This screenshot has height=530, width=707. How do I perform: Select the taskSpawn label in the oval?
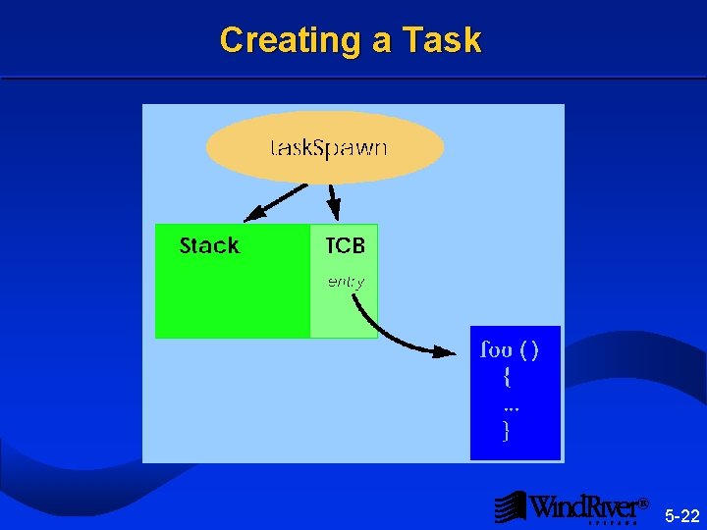(x=328, y=148)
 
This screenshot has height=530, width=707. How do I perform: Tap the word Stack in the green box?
(x=209, y=246)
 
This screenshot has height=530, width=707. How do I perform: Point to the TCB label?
(x=345, y=246)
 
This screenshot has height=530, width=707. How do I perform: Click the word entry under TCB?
(x=346, y=282)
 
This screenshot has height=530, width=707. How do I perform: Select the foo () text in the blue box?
(x=509, y=348)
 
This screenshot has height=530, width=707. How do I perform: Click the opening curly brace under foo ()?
(x=506, y=376)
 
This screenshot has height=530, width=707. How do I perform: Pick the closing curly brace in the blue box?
(x=506, y=430)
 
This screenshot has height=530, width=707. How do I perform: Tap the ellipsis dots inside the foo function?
(x=511, y=405)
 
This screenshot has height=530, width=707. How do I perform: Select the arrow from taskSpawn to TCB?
(x=332, y=201)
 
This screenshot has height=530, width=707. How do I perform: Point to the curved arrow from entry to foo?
(x=388, y=332)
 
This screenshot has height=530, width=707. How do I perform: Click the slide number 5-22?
(x=681, y=516)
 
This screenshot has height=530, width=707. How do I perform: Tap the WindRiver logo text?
(x=583, y=506)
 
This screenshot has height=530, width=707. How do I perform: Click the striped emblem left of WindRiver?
(x=509, y=506)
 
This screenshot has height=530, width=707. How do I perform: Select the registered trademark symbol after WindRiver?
(x=644, y=503)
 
